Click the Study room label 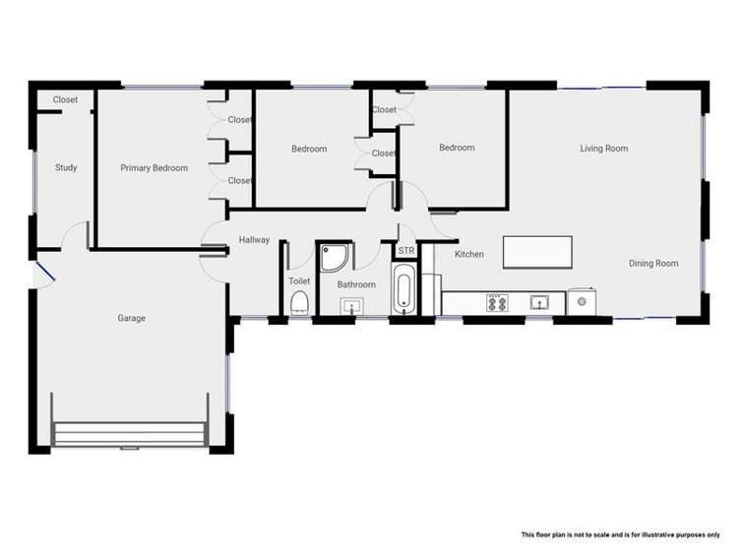coord(66,168)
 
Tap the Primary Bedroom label coord(154,168)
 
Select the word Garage coord(132,318)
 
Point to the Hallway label coord(254,240)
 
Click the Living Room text coord(603,149)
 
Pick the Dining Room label coord(653,264)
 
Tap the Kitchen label coord(469,254)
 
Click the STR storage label coord(406,251)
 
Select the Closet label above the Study coord(65,99)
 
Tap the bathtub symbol coord(404,289)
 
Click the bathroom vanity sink coord(353,307)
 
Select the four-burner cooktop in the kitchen coord(497,303)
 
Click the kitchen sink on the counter coord(538,302)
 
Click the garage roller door coord(131,434)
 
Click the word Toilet coord(300,281)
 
